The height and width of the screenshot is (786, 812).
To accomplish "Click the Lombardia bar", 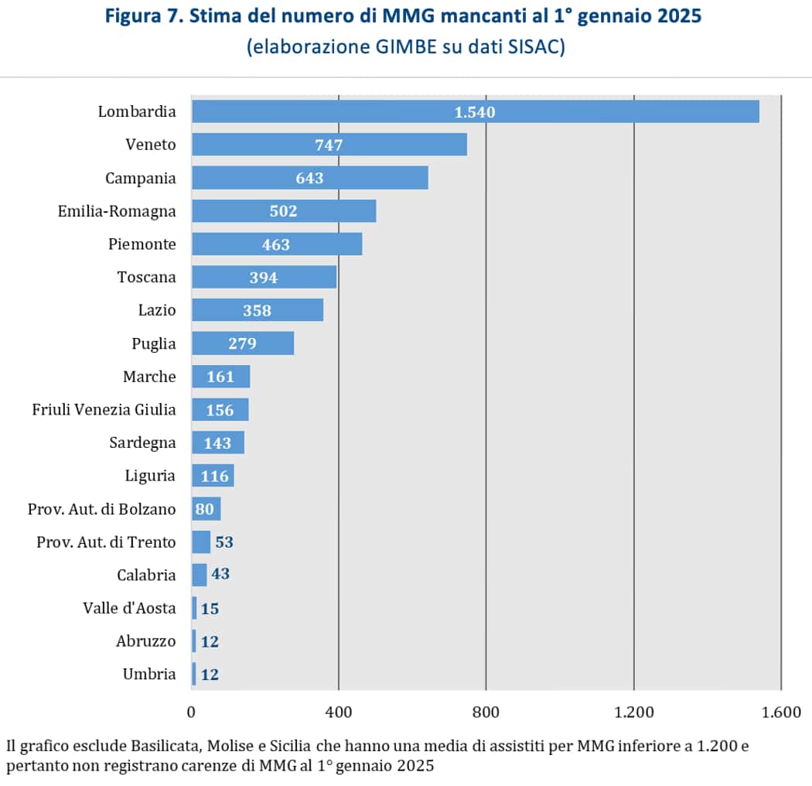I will [x=476, y=111].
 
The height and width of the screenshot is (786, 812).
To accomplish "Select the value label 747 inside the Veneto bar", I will [x=329, y=145].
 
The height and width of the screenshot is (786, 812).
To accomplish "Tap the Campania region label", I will [x=141, y=178].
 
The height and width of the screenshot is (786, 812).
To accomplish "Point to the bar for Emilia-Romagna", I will [x=283, y=211].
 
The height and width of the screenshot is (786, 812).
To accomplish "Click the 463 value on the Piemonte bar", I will [x=276, y=244].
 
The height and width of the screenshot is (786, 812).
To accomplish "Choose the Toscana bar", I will [x=264, y=277].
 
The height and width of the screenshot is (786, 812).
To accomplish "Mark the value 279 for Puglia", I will [x=242, y=343].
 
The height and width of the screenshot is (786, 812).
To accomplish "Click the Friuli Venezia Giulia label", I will [x=104, y=410].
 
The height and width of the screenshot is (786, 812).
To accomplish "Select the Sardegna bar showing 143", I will [x=217, y=443].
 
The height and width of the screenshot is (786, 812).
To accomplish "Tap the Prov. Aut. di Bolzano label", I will [x=101, y=509].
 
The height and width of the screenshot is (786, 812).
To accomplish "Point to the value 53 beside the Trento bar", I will [x=224, y=542].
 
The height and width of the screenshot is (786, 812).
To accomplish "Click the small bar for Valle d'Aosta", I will [x=194, y=608].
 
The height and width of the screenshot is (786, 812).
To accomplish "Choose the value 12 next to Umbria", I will [x=210, y=675].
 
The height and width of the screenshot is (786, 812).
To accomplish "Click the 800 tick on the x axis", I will [x=486, y=712].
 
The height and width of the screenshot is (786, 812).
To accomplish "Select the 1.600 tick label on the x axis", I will [x=781, y=712].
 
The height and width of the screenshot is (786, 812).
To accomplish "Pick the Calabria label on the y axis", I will [x=146, y=576].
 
